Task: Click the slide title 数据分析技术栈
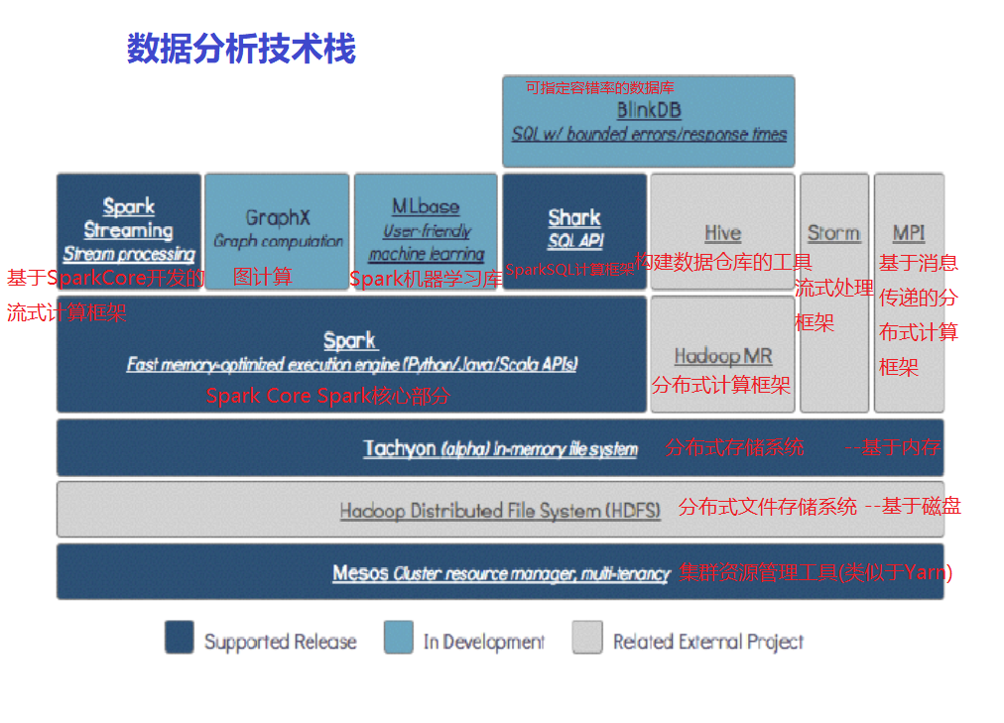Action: click(x=241, y=49)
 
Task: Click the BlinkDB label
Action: click(x=649, y=110)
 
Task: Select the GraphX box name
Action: click(x=278, y=217)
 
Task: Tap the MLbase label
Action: click(x=426, y=206)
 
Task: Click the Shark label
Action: click(x=574, y=217)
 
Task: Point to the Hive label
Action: click(x=722, y=233)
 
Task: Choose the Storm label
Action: click(x=833, y=233)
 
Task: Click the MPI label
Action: click(x=909, y=233)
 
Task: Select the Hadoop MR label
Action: click(x=722, y=356)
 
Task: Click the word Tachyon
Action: click(x=399, y=448)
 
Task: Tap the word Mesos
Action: click(x=360, y=572)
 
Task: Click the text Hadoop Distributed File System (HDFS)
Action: click(x=500, y=511)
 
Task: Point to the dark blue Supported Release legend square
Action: click(x=180, y=638)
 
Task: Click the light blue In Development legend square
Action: click(x=399, y=638)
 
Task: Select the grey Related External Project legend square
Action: click(x=587, y=638)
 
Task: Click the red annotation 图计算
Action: click(x=263, y=278)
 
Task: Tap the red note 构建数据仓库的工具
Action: click(x=723, y=263)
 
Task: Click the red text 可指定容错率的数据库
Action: click(x=600, y=87)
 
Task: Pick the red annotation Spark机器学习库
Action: click(x=426, y=279)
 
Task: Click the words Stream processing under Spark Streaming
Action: click(x=129, y=254)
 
